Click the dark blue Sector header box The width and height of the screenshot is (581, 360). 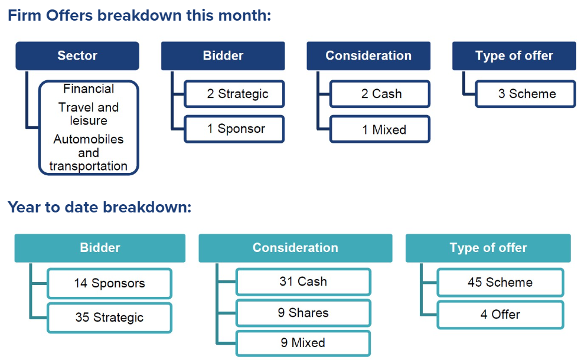(x=77, y=56)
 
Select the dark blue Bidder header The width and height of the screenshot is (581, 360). (x=223, y=56)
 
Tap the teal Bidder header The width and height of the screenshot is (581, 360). (x=100, y=248)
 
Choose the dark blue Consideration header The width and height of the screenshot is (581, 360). (x=368, y=56)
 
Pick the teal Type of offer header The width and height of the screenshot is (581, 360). (x=488, y=248)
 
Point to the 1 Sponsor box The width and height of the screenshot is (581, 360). (x=234, y=129)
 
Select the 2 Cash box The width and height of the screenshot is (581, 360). (x=380, y=94)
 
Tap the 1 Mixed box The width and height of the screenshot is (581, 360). (x=380, y=129)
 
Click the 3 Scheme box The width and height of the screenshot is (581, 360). (x=525, y=94)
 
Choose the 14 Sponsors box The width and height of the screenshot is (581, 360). (x=109, y=283)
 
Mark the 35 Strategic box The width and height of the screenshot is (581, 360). (x=109, y=318)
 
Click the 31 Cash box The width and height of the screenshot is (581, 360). (x=303, y=282)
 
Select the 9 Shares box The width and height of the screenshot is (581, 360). (x=303, y=313)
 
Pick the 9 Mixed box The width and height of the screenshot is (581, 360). (x=303, y=343)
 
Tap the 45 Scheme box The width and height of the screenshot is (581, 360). (x=500, y=283)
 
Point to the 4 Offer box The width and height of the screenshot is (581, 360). (x=500, y=315)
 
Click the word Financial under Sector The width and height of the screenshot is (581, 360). (x=89, y=89)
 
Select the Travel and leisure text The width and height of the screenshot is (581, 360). (x=89, y=114)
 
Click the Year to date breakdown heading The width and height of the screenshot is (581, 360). (x=99, y=208)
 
